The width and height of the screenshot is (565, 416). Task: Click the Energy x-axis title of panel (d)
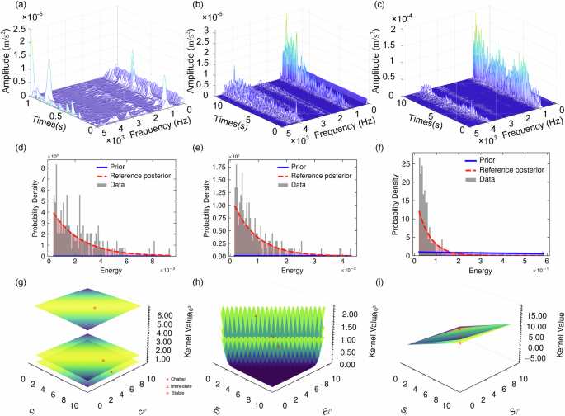point(107,268)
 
